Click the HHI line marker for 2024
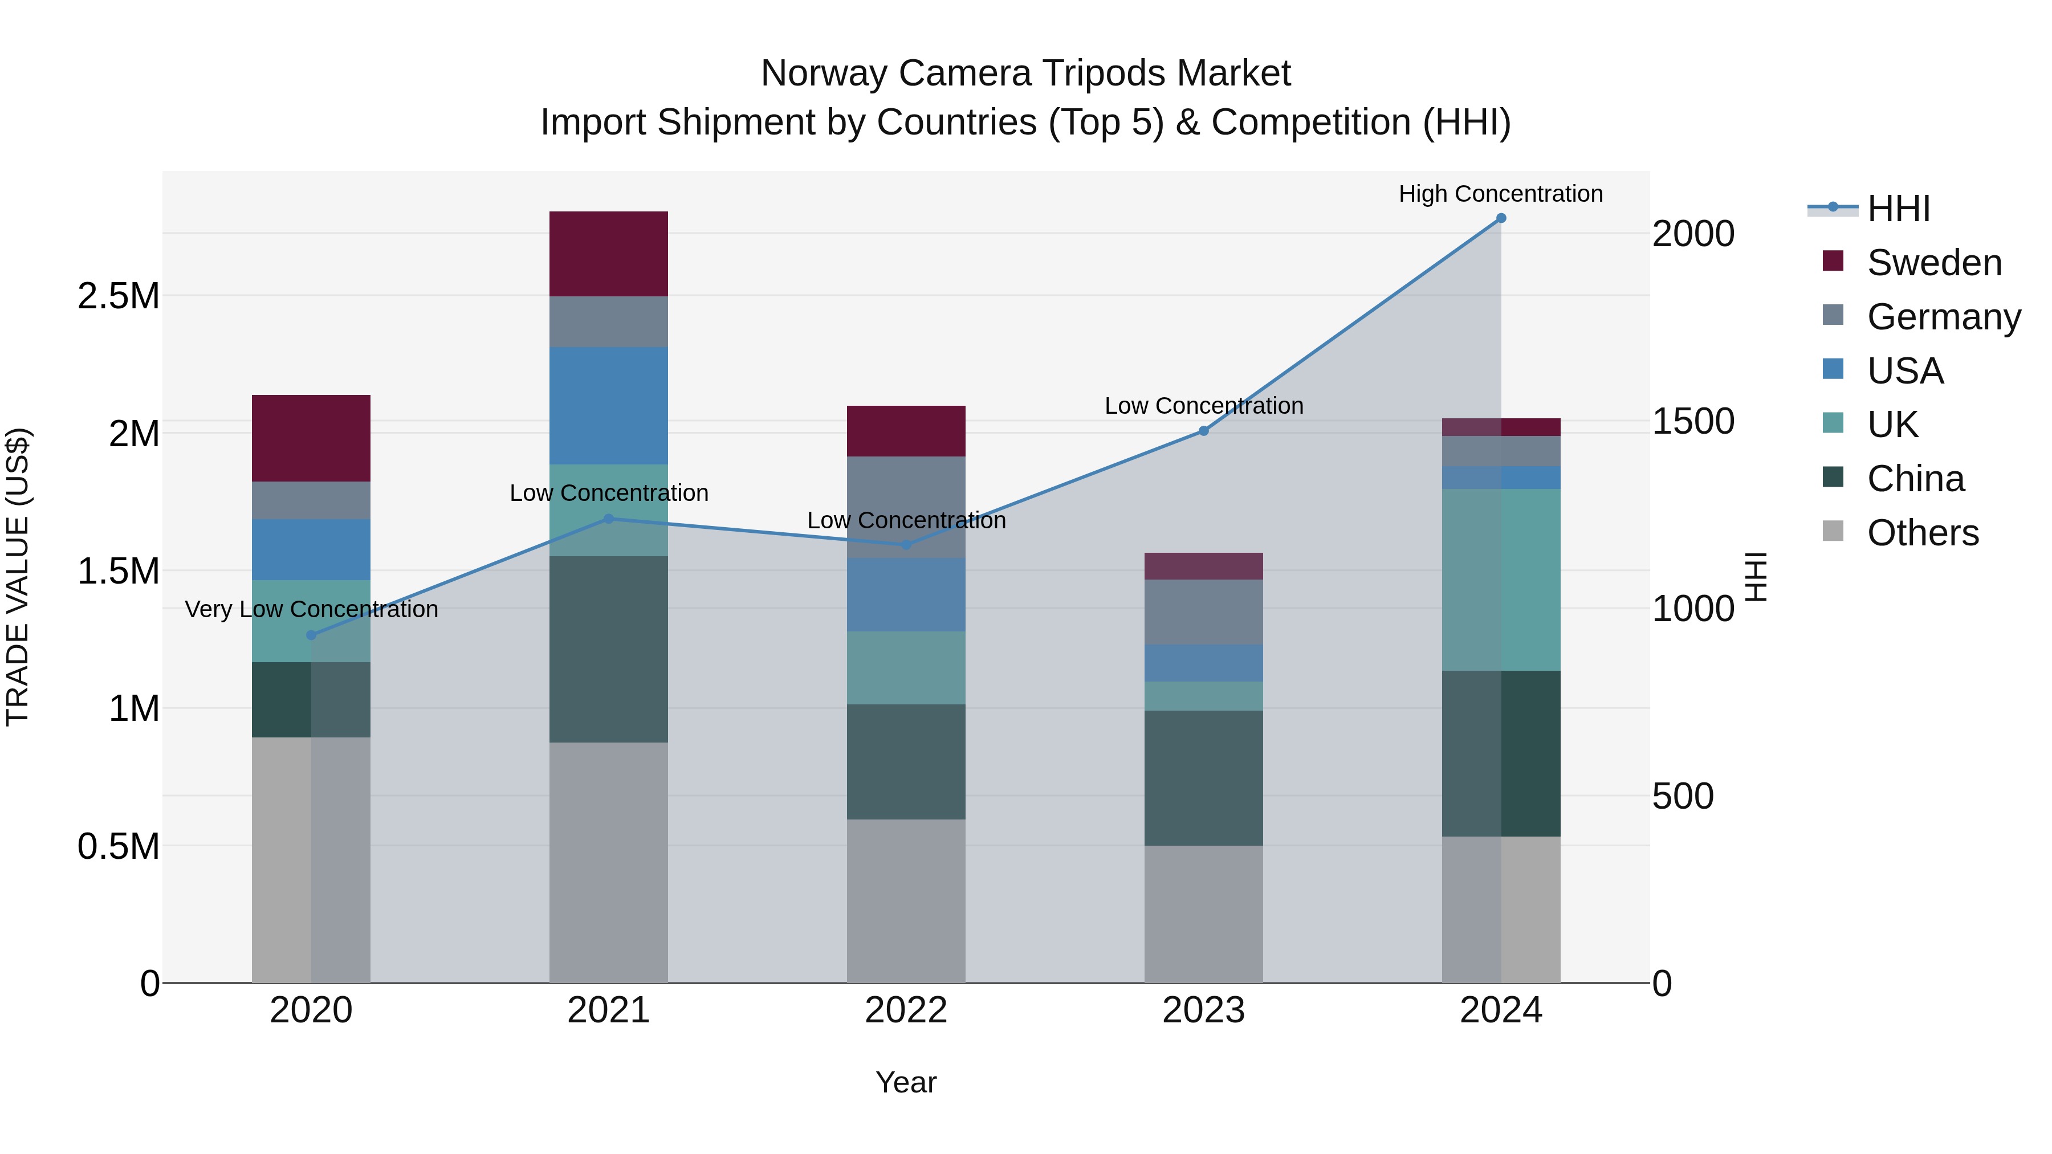[x=1501, y=218]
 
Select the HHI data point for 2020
[x=311, y=635]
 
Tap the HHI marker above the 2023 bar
[x=1204, y=431]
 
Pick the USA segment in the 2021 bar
[x=609, y=405]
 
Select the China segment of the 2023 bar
[x=1204, y=777]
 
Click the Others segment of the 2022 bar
[x=906, y=900]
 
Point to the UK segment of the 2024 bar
[x=1501, y=579]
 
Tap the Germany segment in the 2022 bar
[x=906, y=507]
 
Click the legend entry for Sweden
[x=1933, y=263]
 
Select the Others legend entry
[x=1922, y=533]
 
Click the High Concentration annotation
[x=1501, y=194]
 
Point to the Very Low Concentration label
[x=311, y=609]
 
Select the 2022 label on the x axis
[x=906, y=1010]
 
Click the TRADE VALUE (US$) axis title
[x=18, y=577]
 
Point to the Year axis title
[x=906, y=1082]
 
